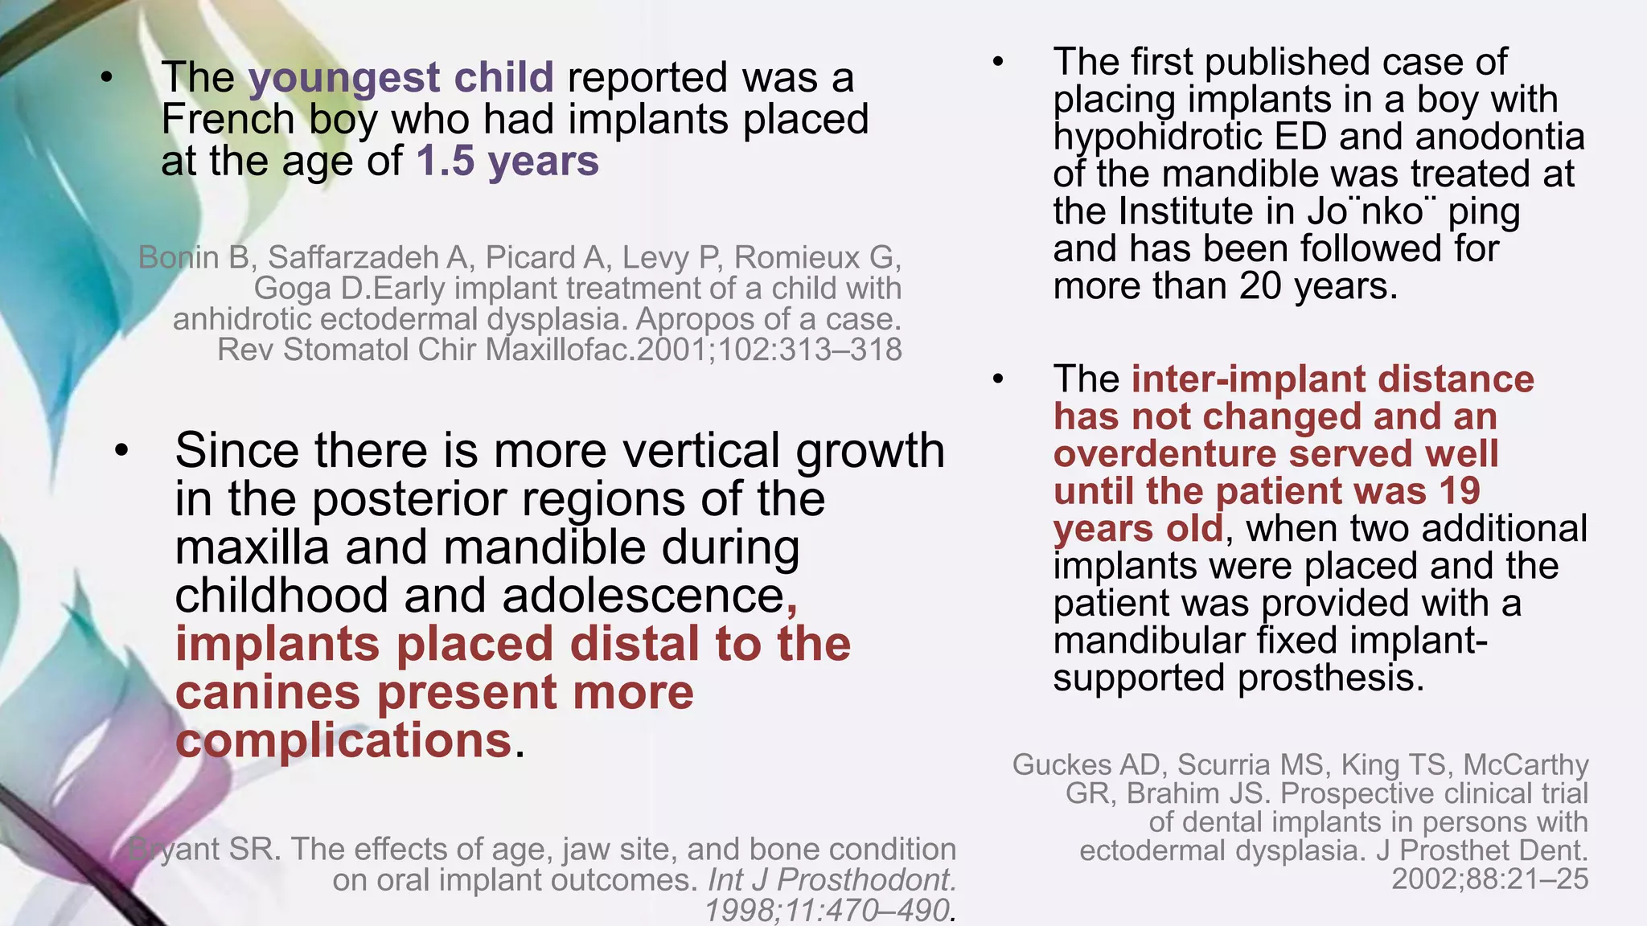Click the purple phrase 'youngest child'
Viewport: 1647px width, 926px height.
(x=400, y=78)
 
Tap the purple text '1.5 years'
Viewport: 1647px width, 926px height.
(x=507, y=161)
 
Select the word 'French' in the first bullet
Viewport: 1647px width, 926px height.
(x=228, y=120)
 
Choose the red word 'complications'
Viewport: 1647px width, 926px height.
(x=343, y=740)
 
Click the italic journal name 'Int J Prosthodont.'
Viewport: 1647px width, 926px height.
(x=832, y=880)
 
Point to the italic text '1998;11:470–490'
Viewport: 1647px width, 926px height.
(x=827, y=911)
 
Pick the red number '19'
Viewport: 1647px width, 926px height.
(x=1457, y=491)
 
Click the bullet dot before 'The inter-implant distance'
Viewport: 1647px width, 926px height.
(x=998, y=379)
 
